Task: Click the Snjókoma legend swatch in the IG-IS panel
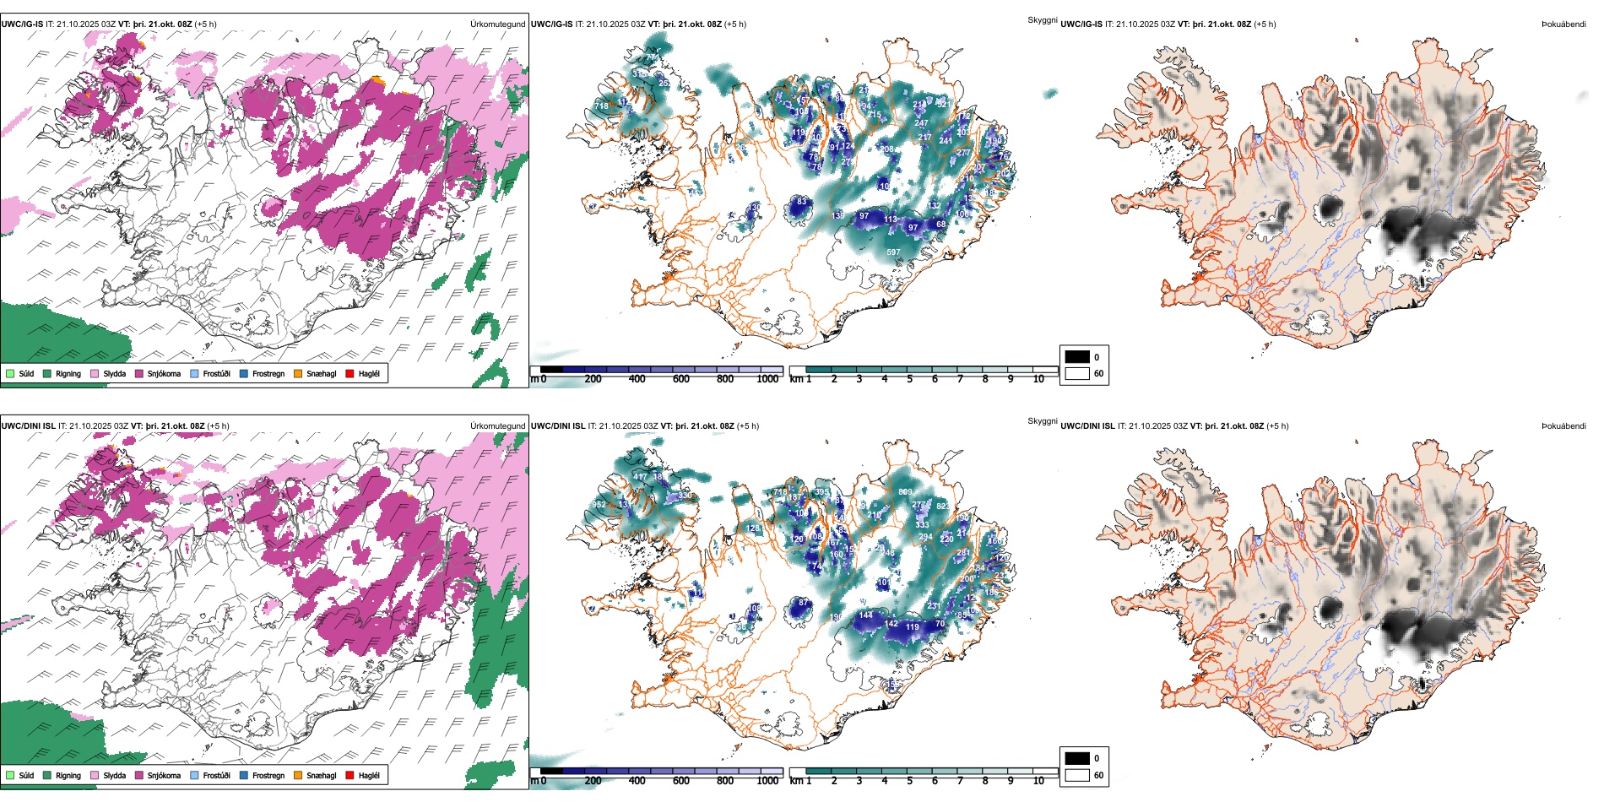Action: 139,373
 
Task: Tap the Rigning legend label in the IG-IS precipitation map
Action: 68,373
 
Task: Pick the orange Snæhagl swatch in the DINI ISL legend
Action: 298,775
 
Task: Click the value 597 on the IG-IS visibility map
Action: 893,252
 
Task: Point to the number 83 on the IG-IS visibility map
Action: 802,202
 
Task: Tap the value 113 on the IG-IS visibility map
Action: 891,219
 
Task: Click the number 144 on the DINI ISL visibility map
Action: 866,615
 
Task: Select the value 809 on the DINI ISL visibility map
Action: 905,491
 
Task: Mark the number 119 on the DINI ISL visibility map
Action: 913,626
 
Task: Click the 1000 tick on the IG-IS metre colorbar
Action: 767,379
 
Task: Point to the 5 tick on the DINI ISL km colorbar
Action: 910,781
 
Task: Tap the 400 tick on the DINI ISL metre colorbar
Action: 637,781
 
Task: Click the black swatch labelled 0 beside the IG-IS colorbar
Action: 1077,357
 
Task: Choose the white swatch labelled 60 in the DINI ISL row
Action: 1077,775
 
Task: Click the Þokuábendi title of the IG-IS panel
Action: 1563,24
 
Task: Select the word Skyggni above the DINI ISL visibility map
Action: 1043,420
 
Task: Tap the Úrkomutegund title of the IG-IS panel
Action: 497,24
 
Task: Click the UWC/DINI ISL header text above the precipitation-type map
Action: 29,426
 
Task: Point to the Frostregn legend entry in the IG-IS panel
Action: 268,373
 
